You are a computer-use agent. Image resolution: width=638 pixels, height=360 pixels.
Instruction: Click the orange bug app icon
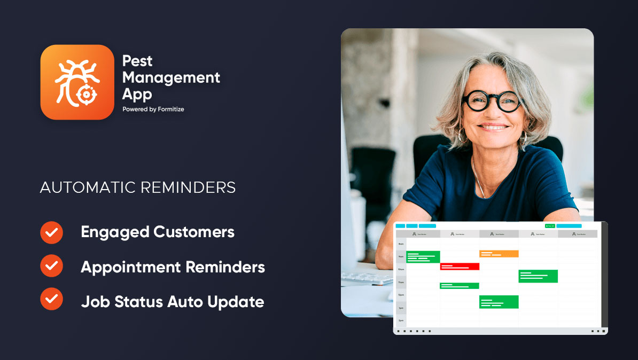click(x=77, y=82)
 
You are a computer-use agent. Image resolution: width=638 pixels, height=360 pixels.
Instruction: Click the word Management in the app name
click(x=171, y=77)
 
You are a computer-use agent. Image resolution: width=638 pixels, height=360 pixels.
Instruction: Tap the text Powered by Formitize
click(x=153, y=109)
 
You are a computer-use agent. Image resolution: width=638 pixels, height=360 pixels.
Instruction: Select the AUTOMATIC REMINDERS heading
click(x=138, y=188)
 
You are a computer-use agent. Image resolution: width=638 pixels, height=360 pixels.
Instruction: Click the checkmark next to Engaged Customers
click(x=51, y=232)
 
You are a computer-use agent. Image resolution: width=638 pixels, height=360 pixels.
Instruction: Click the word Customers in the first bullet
click(x=194, y=232)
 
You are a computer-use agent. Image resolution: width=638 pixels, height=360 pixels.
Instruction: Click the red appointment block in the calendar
click(x=460, y=266)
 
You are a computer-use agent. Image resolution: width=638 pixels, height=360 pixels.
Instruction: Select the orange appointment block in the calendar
click(x=499, y=254)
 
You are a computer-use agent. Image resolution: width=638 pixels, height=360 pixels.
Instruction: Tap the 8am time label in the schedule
click(x=401, y=243)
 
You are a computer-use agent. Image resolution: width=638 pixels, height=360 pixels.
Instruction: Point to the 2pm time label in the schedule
click(x=401, y=320)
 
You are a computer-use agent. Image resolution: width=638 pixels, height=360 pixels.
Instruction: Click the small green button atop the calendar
click(x=549, y=226)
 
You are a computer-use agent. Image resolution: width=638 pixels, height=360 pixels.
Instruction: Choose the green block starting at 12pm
click(x=499, y=302)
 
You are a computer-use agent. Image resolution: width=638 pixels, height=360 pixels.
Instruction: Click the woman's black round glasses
click(x=492, y=101)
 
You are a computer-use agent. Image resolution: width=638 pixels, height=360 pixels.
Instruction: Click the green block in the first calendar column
click(x=423, y=257)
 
